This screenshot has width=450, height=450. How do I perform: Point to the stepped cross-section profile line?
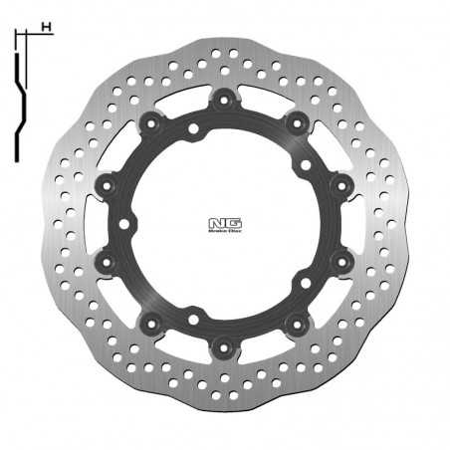[19, 100]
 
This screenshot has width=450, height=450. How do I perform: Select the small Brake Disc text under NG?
[223, 233]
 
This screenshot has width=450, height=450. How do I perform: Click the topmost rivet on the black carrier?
[223, 99]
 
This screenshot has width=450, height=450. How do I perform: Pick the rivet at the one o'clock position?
[296, 121]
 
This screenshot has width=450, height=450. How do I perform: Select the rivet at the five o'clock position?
[296, 324]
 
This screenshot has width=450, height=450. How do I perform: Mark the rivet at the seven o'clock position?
[150, 324]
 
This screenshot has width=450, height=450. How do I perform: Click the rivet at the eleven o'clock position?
[150, 121]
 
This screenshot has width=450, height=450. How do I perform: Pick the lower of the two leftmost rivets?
[105, 262]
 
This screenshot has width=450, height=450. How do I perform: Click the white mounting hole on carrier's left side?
[123, 224]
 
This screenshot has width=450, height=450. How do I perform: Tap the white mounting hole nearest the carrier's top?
[192, 128]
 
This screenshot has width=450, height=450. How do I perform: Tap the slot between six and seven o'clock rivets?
[185, 347]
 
